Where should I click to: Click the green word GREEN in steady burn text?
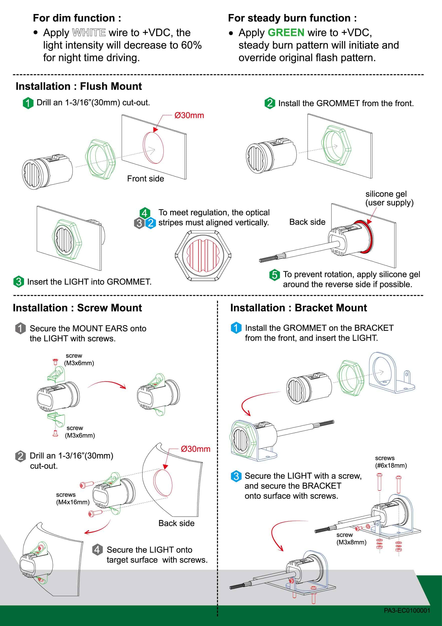[x=286, y=33]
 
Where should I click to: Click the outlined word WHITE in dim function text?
[x=89, y=33]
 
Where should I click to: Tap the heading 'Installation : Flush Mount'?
[x=79, y=86]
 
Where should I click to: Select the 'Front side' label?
[x=145, y=178]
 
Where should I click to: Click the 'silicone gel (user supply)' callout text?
[x=389, y=198]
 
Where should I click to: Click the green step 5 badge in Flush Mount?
[x=274, y=274]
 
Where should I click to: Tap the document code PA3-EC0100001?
[x=407, y=610]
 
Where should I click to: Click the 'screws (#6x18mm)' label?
[x=391, y=462]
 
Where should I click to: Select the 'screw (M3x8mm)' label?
[x=351, y=538]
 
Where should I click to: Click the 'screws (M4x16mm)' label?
[x=73, y=498]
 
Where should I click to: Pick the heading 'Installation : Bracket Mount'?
[x=298, y=308]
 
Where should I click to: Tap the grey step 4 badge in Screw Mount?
[x=97, y=549]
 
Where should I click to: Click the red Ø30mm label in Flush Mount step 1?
[x=189, y=115]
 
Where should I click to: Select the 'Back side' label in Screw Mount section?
[x=176, y=523]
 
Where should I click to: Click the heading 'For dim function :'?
[x=77, y=18]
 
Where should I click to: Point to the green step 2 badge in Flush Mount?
[x=270, y=103]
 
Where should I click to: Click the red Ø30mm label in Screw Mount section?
[x=195, y=449]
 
